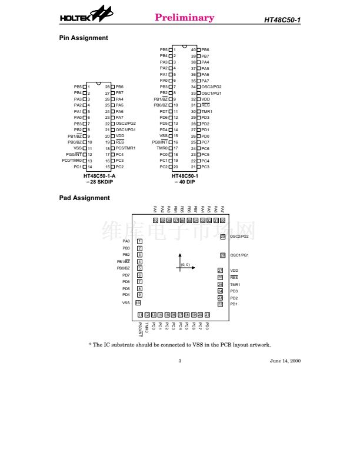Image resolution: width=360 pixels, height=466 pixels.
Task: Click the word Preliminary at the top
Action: click(184, 18)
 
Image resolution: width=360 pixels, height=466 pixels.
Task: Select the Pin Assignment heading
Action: click(84, 38)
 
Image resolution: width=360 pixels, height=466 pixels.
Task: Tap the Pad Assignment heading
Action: click(85, 198)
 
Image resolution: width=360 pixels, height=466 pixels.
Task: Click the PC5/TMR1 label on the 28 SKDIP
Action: click(126, 148)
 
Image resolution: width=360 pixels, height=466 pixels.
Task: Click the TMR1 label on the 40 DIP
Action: click(206, 111)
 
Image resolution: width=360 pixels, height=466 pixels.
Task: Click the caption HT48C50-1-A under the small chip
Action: click(99, 176)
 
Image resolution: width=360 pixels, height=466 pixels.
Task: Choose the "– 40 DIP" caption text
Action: click(184, 182)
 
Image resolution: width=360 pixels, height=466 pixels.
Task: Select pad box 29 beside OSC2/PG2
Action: click(222, 237)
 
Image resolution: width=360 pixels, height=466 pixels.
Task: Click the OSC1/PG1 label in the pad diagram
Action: click(240, 255)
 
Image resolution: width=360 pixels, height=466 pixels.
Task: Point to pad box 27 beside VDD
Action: click(221, 271)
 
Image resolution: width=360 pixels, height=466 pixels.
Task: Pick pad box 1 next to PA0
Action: click(139, 241)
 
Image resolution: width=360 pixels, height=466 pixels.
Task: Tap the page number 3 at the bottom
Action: click(179, 361)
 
